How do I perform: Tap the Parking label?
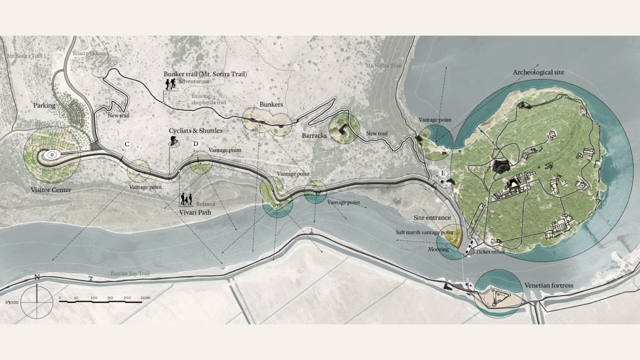(x=44, y=106)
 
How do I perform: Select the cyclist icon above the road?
(x=174, y=141)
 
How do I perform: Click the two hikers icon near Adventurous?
(x=171, y=84)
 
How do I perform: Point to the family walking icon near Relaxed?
(x=186, y=199)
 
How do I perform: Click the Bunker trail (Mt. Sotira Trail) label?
(x=205, y=74)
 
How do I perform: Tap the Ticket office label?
(x=490, y=252)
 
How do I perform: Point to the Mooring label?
(x=438, y=249)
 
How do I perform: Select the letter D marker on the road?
(x=196, y=145)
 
